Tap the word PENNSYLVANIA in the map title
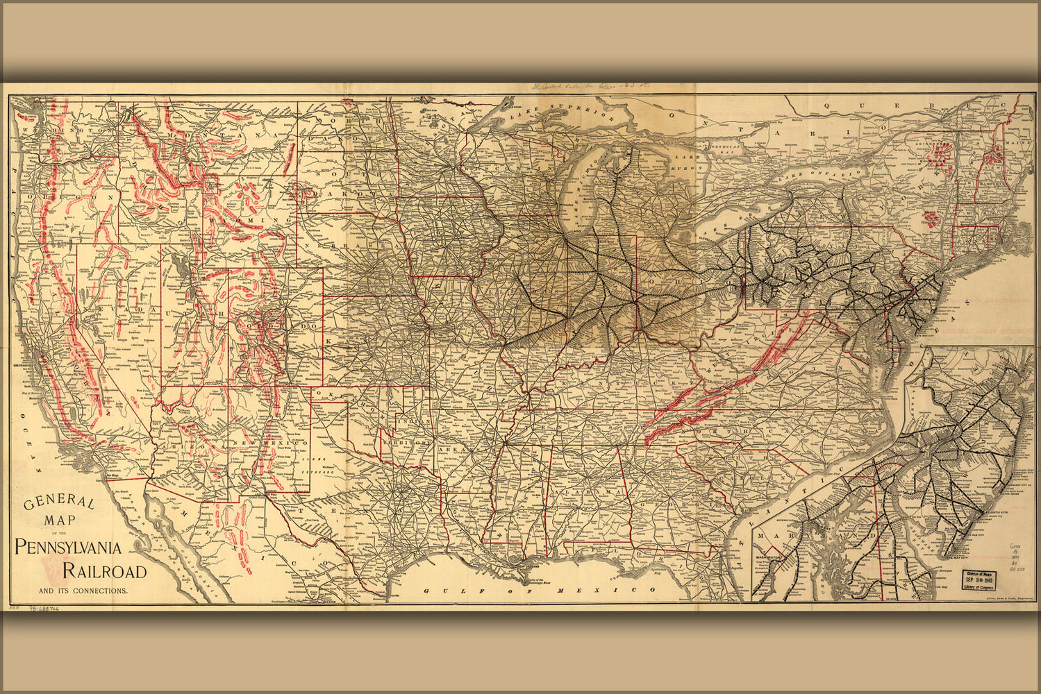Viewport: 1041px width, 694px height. coord(68,547)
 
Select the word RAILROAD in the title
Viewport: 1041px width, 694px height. coord(104,571)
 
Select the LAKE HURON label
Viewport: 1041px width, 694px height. coord(688,162)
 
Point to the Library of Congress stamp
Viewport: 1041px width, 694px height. coord(981,579)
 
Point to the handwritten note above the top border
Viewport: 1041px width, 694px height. coord(590,88)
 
